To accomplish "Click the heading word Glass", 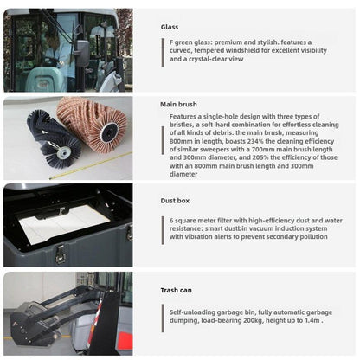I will pos(170,27).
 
